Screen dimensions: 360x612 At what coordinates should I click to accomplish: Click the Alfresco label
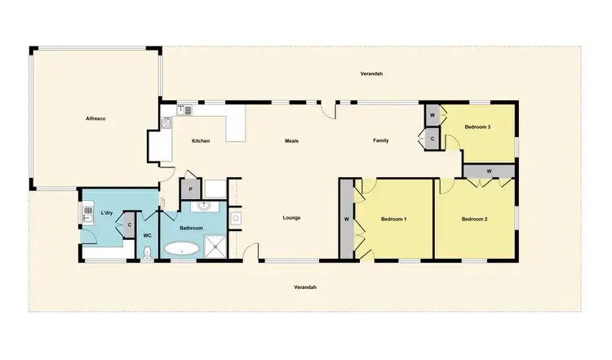point(96,119)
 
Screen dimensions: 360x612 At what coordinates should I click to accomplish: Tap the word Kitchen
point(201,141)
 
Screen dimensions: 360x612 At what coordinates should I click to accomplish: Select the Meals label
point(291,141)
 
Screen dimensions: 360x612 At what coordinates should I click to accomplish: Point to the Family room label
point(381,140)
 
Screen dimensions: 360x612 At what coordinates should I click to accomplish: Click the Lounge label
point(291,218)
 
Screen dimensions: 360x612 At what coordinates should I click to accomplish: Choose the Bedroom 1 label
point(394,220)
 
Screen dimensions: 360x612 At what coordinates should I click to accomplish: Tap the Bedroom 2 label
point(474,220)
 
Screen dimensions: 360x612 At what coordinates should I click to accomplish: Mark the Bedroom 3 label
point(477,127)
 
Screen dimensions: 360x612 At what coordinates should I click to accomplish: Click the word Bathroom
point(191,228)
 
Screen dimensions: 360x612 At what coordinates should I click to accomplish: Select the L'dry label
point(106,214)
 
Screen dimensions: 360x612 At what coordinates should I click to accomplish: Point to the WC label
point(147,235)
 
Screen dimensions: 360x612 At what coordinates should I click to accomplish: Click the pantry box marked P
point(190,189)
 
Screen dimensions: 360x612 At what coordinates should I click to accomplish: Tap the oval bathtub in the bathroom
point(181,248)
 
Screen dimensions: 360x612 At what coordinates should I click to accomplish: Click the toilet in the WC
point(147,252)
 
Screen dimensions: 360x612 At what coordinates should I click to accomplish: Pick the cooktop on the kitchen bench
point(166,124)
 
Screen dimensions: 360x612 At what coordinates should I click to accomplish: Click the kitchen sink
point(187,109)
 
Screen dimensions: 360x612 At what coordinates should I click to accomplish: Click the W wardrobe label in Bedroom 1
point(347,220)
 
